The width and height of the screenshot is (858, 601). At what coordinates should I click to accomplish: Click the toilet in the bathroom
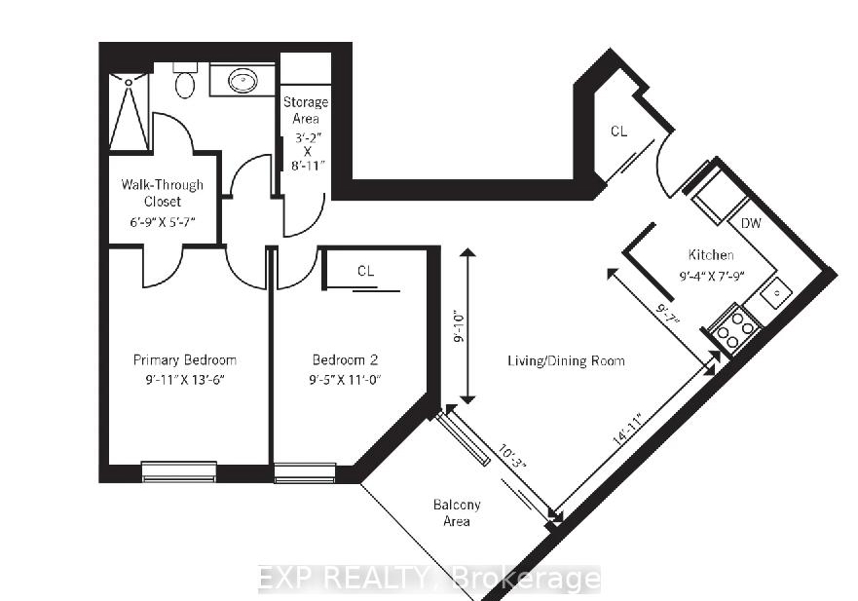click(185, 81)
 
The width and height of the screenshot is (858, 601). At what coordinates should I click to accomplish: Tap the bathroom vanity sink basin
click(242, 81)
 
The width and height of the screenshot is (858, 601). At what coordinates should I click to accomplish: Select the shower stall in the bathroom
click(130, 112)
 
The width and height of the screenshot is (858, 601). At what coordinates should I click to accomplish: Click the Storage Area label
click(306, 110)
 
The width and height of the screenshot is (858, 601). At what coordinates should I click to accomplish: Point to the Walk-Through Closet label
click(162, 193)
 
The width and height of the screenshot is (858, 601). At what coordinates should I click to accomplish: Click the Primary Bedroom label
click(185, 359)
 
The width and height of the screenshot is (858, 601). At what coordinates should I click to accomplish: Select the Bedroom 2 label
click(345, 359)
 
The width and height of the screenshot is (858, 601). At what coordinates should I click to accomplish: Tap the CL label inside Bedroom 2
click(365, 271)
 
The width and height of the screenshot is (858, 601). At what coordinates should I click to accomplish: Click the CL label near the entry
click(618, 131)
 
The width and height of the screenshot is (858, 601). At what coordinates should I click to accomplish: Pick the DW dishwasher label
click(751, 223)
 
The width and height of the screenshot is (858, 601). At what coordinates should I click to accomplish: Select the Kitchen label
click(711, 254)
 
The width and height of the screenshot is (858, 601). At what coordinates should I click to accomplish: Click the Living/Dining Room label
click(567, 360)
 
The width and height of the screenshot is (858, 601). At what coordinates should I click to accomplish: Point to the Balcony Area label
click(457, 513)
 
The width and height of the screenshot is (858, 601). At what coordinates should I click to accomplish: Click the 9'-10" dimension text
click(459, 327)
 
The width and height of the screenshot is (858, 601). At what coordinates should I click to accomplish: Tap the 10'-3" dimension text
click(511, 456)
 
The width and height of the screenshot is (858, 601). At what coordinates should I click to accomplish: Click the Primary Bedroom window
click(179, 471)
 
